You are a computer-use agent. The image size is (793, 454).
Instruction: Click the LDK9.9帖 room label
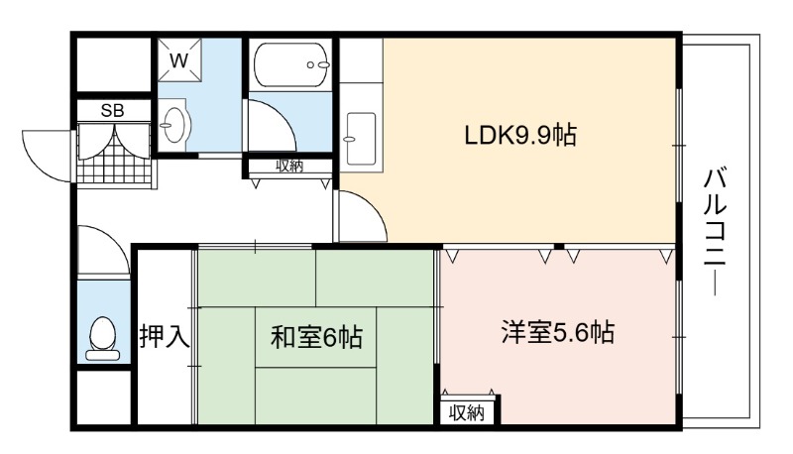click(520, 136)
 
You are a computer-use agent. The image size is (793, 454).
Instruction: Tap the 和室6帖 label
click(316, 337)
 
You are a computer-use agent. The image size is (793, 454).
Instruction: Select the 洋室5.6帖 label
click(558, 332)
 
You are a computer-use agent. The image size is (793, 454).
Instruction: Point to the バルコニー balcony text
click(715, 233)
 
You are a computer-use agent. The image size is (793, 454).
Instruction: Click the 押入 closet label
click(165, 336)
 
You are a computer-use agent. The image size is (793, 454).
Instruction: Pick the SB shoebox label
click(112, 111)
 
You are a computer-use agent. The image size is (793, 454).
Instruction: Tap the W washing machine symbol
click(179, 60)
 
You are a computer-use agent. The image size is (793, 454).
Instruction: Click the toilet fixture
click(103, 338)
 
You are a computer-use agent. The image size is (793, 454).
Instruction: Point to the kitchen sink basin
click(361, 138)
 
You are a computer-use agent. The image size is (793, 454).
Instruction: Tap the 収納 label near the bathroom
click(289, 166)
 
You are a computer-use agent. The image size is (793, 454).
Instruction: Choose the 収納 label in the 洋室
click(467, 413)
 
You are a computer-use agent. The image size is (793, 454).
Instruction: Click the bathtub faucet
click(318, 64)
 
